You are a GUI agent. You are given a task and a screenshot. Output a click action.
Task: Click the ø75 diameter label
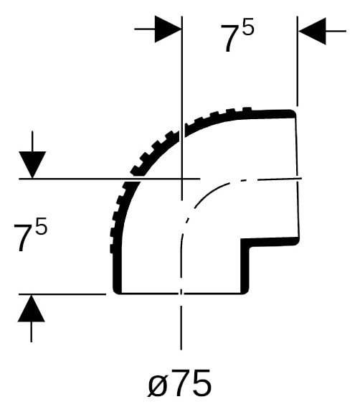coord(179,384)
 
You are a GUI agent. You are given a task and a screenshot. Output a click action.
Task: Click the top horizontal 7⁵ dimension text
coord(237,34)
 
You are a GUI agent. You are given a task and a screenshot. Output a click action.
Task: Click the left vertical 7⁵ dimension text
coord(30,234)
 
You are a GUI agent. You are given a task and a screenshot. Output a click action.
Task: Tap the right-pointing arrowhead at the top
coord(168,29)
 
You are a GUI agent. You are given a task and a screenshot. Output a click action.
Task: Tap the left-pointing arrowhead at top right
coord(313,31)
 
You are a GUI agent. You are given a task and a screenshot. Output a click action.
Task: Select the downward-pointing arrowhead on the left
coord(32,165)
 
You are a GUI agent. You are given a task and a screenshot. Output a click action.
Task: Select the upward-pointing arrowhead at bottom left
coord(32,308)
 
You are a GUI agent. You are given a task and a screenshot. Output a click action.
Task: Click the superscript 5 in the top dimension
coord(248,27)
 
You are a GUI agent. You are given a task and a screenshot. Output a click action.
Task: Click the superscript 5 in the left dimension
coord(41,226)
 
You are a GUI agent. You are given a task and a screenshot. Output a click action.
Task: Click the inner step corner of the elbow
coord(245,243)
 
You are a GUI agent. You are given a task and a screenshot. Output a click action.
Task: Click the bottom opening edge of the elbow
coord(181,294)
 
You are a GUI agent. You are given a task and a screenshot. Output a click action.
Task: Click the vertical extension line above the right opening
coord(297,61)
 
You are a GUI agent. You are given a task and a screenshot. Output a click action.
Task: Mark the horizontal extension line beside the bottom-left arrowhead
coord(62,294)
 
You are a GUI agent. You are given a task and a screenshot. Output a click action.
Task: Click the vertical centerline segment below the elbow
coord(181,327)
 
